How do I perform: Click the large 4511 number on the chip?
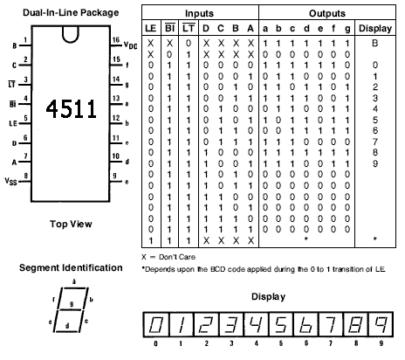tap(71, 108)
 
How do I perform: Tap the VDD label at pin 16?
tap(130, 45)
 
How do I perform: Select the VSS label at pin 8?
tap(11, 181)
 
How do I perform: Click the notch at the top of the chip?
tap(71, 35)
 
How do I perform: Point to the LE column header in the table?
tap(151, 28)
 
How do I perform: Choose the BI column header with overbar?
tap(169, 28)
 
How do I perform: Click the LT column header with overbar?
tap(189, 28)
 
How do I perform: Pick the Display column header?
tap(375, 28)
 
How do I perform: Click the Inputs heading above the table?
tap(199, 13)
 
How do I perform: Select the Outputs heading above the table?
tap(327, 13)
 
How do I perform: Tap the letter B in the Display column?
tap(374, 43)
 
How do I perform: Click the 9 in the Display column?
tap(375, 163)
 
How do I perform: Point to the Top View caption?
tap(71, 224)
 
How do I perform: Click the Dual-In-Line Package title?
tap(71, 12)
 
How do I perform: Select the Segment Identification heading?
tap(71, 267)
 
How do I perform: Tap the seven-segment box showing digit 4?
tap(256, 324)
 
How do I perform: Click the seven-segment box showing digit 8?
tap(355, 324)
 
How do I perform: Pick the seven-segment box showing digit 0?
tap(155, 324)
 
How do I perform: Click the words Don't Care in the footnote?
tap(177, 257)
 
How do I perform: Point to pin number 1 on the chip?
tap(25, 40)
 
